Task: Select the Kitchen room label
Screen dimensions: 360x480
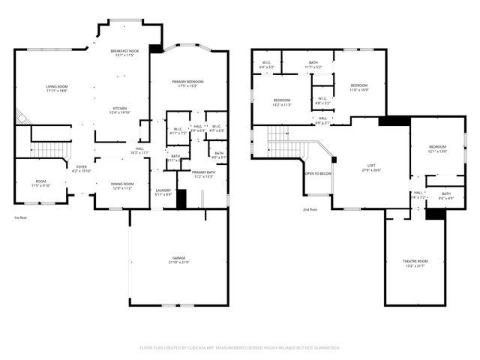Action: coord(120,109)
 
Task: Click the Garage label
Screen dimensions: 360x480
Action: coord(178,259)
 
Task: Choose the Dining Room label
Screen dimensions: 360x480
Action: coord(122,185)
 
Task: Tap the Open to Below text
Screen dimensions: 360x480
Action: coord(318,173)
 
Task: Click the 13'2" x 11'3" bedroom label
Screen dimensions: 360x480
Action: coord(281,102)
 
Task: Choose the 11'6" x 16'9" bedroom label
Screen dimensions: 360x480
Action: coord(359,87)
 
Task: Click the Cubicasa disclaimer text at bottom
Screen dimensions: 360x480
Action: coord(240,348)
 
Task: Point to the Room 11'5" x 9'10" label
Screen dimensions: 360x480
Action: coord(40,183)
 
